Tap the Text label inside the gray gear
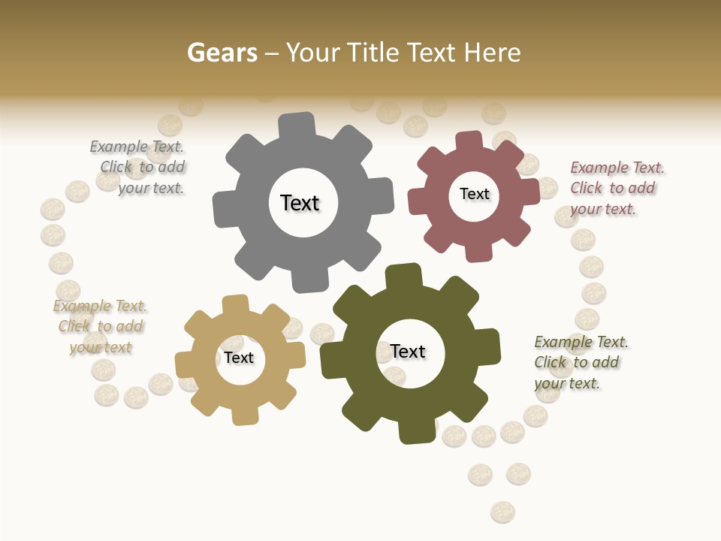300,203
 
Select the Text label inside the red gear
474,194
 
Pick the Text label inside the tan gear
239,358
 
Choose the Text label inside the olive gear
408,351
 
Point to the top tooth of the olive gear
403,277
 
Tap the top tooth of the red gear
468,141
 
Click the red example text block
617,188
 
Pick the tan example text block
100,326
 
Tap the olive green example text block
581,362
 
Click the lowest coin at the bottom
502,512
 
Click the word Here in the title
493,53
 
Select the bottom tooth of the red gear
478,251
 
